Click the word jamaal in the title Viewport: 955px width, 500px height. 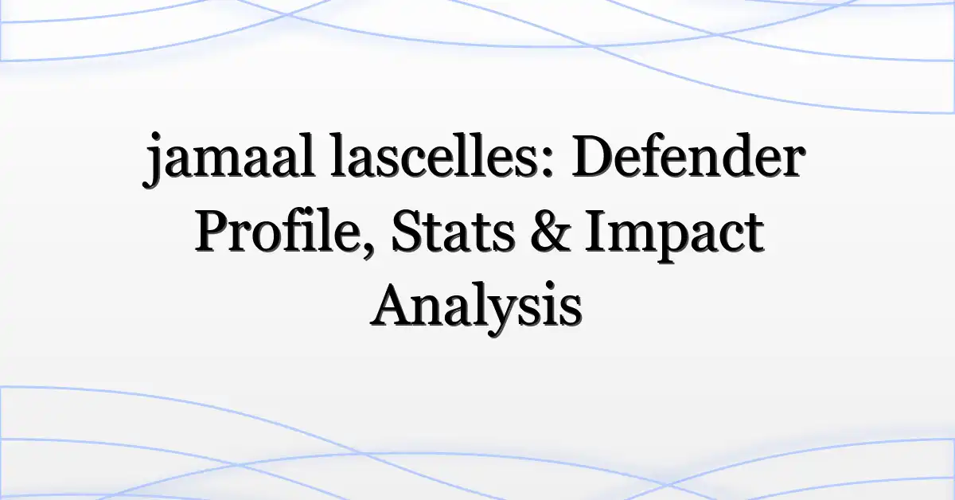pyautogui.click(x=229, y=159)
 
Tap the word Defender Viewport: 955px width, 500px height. pyautogui.click(x=688, y=155)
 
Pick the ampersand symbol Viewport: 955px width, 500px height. pyautogui.click(x=551, y=232)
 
